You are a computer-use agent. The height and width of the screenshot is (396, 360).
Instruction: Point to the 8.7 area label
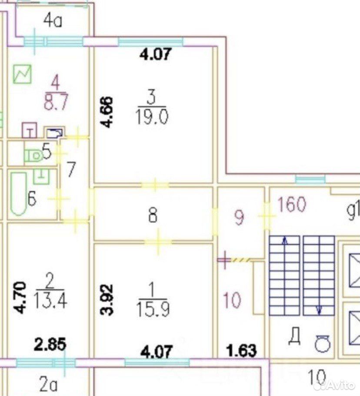coord(56,101)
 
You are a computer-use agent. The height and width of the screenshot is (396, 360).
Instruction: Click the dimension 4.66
coord(106,112)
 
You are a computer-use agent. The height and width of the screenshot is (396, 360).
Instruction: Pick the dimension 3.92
coord(106,300)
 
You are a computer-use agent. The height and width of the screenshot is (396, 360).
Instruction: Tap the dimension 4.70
coord(20,298)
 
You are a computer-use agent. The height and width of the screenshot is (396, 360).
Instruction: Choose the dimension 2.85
coord(50,344)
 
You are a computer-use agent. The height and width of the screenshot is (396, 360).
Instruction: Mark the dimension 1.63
coord(241,350)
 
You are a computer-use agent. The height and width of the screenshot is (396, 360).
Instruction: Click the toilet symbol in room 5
coord(33,155)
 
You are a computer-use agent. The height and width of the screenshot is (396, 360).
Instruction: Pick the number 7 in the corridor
coord(70,169)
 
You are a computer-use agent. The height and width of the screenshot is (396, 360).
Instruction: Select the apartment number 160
coord(292,205)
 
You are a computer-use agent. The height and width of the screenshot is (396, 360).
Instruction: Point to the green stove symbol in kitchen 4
coord(23,74)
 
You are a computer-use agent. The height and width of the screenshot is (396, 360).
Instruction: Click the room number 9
coord(239,218)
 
